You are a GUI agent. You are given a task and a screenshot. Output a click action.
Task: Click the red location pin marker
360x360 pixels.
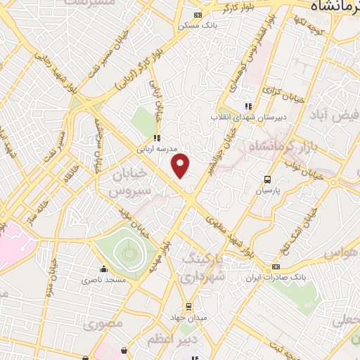tap(181, 165)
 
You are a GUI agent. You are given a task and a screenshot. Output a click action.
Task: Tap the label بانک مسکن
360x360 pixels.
tap(198, 25)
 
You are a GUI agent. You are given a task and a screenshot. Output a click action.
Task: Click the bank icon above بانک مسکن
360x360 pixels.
tap(198, 15)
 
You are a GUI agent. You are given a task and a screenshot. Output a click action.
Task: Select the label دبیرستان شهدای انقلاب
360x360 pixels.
tap(247, 117)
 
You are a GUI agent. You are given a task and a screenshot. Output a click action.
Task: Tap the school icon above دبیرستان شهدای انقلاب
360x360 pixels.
tap(247, 106)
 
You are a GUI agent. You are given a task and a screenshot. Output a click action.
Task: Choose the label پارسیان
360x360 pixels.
tap(267, 190)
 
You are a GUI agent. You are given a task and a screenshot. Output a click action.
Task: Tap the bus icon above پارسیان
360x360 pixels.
tap(267, 179)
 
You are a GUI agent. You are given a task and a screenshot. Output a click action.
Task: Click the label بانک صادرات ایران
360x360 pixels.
tap(275, 277)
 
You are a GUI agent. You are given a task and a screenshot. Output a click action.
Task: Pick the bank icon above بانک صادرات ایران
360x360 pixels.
tap(275, 266)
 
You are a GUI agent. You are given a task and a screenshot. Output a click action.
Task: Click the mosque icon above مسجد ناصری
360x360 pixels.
tap(104, 269)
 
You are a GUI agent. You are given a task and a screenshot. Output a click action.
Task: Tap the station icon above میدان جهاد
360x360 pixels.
tap(188, 306)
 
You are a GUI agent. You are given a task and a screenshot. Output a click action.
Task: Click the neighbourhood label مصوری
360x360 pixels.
tap(103, 324)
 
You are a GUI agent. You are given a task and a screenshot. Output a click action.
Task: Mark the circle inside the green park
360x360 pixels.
tap(127, 250)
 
